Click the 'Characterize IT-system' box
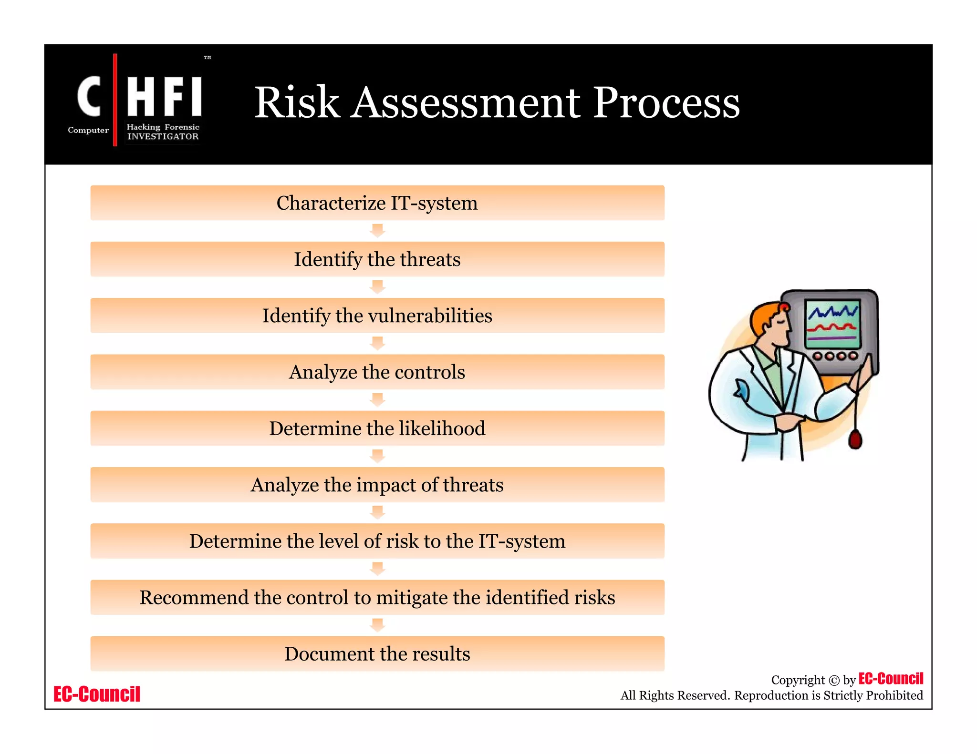tap(377, 203)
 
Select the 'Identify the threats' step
tap(377, 259)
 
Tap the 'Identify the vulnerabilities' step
tap(377, 316)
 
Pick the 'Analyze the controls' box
tap(377, 372)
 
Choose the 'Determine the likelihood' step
tap(377, 428)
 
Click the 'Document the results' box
tap(377, 653)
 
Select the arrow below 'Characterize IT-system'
tap(377, 231)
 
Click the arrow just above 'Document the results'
tap(377, 625)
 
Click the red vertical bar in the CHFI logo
tap(115, 100)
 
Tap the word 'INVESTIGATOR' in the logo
tap(163, 137)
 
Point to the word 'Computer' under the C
tap(88, 130)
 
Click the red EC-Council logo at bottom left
tap(97, 694)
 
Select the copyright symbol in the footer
tap(833, 681)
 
